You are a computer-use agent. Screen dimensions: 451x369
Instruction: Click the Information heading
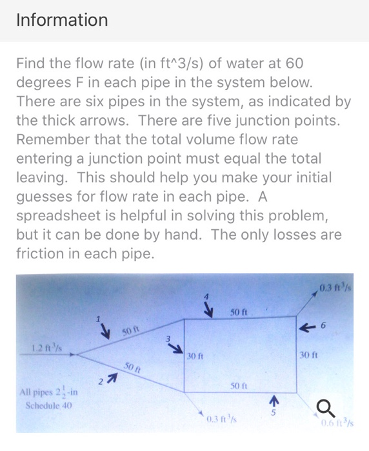click(x=62, y=20)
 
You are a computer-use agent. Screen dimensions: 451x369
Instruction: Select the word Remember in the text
click(x=53, y=139)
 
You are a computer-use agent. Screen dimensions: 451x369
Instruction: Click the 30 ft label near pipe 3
click(x=195, y=355)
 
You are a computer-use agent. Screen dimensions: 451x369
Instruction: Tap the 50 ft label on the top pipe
click(x=238, y=312)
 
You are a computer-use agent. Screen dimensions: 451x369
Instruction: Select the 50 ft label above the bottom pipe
click(x=237, y=385)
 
